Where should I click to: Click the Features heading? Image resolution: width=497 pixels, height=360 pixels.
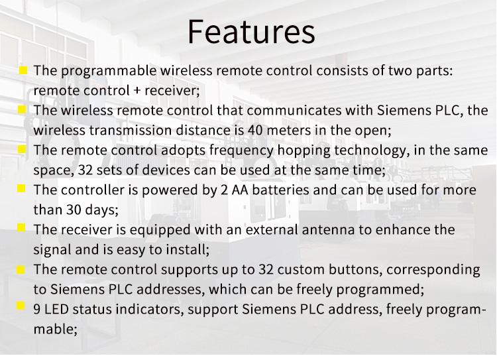251,32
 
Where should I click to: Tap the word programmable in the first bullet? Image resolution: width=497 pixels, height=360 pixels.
109,71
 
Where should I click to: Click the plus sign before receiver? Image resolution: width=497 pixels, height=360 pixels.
137,91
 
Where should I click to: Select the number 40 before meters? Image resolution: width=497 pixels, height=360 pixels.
256,130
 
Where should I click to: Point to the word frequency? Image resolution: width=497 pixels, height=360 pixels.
241,150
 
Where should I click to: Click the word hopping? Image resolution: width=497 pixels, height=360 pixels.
304,150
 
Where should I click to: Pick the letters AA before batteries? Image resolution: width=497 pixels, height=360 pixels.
240,190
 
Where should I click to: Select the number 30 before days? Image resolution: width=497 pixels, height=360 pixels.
74,210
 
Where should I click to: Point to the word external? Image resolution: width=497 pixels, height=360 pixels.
272,229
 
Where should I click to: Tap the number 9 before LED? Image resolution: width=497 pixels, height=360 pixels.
36,309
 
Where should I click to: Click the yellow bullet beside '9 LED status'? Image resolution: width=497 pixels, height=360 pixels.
21,306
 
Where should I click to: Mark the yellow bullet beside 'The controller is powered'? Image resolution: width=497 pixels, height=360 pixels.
21,188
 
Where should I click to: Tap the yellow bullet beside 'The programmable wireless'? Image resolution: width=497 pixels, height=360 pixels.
23,70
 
